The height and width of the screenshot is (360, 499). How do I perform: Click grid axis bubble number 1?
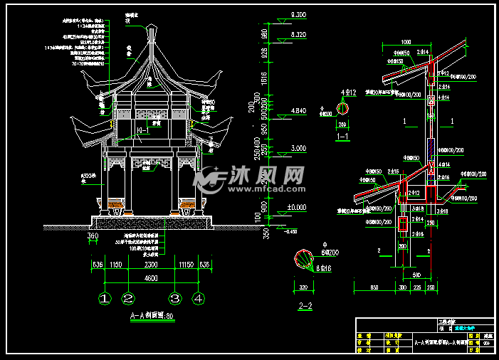click(x=105, y=299)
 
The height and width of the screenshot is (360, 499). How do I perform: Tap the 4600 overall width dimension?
click(x=151, y=279)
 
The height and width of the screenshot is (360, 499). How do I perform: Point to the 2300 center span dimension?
click(x=151, y=264)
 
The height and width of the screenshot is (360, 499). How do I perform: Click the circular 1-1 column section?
click(x=343, y=108)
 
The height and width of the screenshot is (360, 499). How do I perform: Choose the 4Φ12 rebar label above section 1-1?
click(x=348, y=93)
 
